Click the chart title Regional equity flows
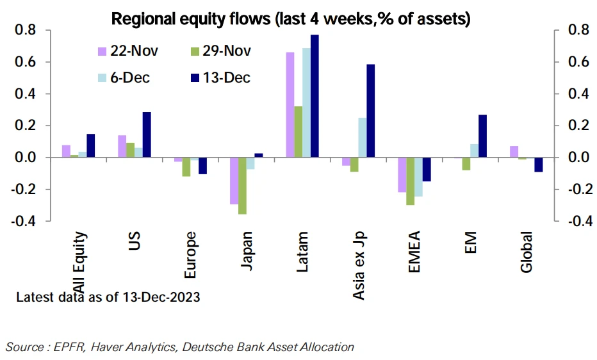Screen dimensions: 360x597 point(291,19)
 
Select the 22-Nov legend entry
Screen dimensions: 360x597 point(129,51)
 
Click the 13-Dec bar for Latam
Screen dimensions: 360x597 point(314,96)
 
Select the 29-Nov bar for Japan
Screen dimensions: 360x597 point(242,186)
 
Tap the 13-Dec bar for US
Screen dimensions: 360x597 point(147,135)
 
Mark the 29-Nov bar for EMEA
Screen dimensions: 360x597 point(410,181)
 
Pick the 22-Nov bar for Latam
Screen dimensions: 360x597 point(290,105)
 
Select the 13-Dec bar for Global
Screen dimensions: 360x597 point(539,165)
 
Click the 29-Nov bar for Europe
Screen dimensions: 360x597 point(186,167)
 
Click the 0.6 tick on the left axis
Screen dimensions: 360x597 point(26,62)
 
